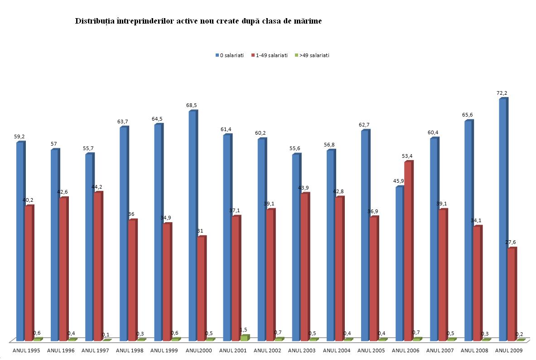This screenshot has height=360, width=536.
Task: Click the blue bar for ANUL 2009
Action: (502, 219)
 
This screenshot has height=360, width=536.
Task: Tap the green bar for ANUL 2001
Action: (244, 338)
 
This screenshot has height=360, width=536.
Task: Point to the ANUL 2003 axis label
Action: (302, 350)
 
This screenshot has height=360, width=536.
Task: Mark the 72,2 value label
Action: (502, 93)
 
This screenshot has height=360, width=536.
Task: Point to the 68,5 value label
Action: (192, 105)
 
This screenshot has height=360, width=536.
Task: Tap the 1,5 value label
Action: (243, 330)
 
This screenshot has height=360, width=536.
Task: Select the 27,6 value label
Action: (511, 242)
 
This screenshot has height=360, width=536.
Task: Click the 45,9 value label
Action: (399, 181)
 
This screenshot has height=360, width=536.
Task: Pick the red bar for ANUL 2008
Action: (477, 283)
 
